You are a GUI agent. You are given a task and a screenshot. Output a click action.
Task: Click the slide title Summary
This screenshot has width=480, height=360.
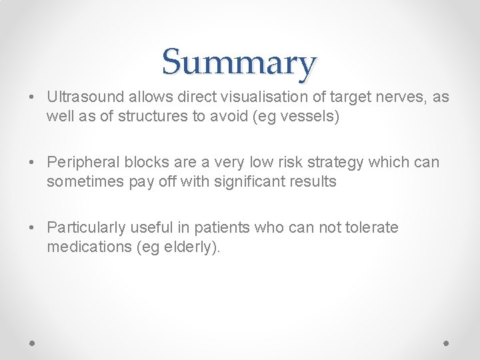pyautogui.click(x=239, y=62)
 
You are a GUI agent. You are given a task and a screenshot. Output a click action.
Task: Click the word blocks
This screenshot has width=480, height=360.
pyautogui.click(x=139, y=163)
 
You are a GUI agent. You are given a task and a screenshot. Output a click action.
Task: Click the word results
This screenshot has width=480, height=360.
pyautogui.click(x=313, y=182)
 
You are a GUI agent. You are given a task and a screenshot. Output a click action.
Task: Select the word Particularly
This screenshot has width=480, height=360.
pyautogui.click(x=83, y=228)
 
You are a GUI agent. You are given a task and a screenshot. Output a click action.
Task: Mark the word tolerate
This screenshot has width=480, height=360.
pyautogui.click(x=372, y=228)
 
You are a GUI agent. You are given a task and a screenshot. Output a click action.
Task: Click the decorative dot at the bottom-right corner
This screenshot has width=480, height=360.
pyautogui.click(x=447, y=342)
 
